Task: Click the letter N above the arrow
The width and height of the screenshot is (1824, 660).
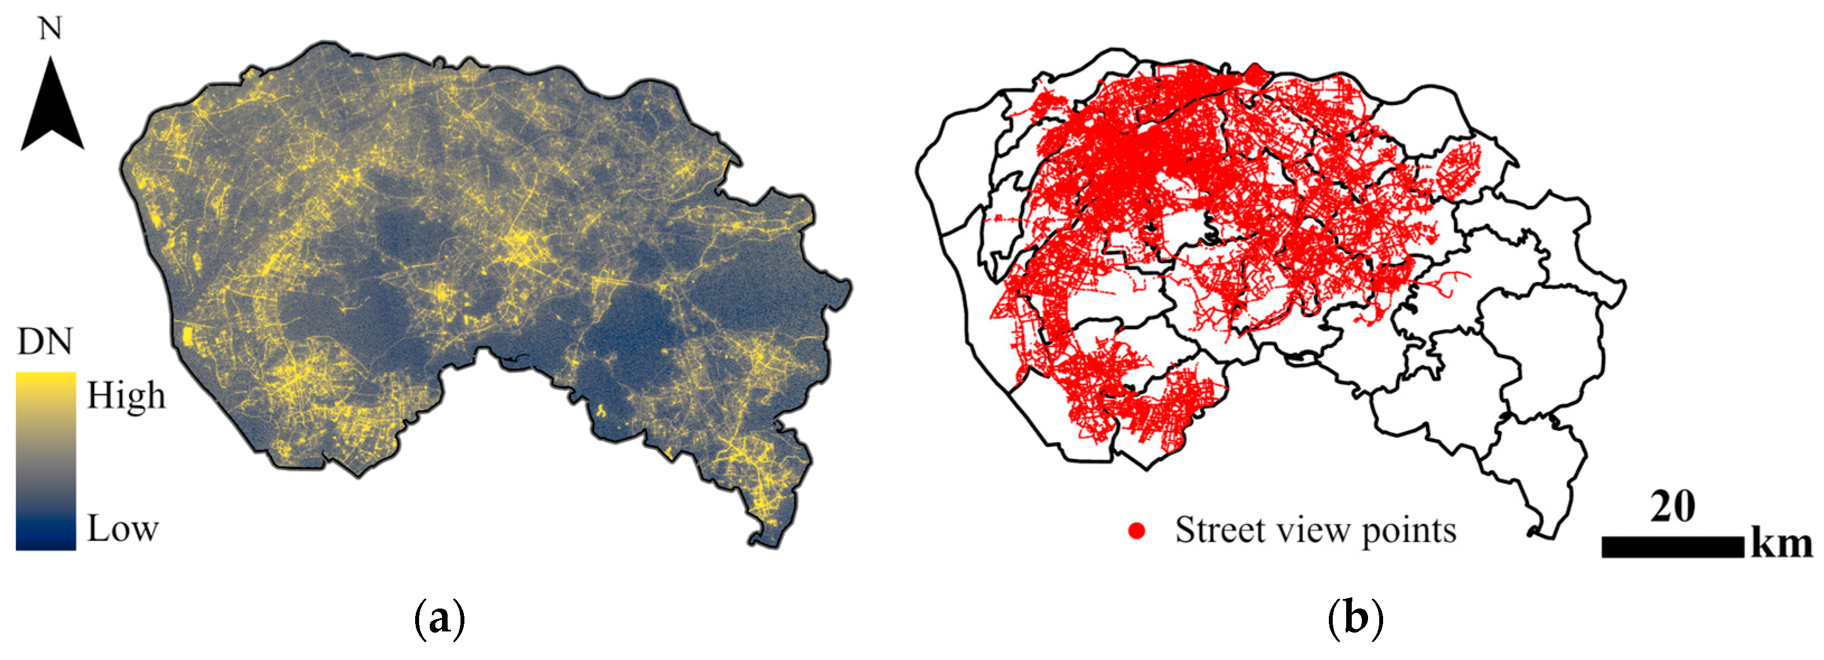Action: [x=50, y=29]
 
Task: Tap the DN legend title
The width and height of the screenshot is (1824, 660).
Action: [x=45, y=342]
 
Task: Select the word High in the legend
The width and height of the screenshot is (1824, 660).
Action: [x=126, y=395]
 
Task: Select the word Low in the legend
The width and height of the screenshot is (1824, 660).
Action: [x=123, y=528]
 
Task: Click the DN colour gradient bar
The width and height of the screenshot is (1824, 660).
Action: [x=45, y=460]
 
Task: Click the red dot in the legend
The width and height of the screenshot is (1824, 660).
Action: [x=1137, y=531]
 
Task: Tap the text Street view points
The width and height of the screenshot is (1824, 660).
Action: [x=1315, y=531]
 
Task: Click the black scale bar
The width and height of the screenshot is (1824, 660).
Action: [x=1672, y=547]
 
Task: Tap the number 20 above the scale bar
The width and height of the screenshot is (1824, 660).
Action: [x=1672, y=506]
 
